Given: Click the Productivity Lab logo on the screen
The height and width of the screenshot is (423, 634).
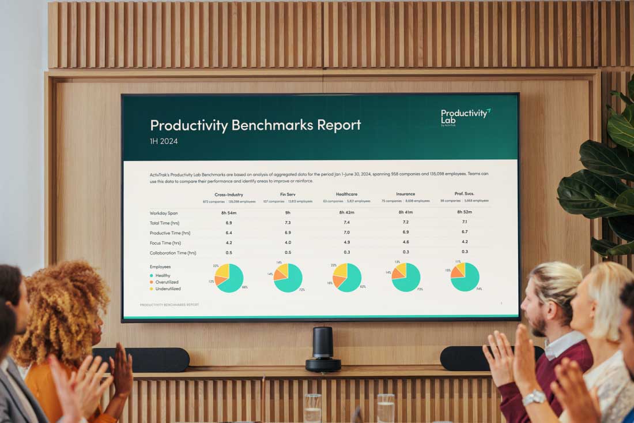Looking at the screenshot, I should pyautogui.click(x=465, y=116).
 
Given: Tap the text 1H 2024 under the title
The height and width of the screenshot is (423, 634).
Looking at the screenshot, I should pyautogui.click(x=164, y=141).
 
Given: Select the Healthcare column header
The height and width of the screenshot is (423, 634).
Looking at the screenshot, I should pyautogui.click(x=346, y=194).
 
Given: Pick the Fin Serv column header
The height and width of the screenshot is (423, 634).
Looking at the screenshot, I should pyautogui.click(x=288, y=194).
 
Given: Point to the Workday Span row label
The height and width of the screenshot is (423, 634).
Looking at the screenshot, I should pyautogui.click(x=164, y=213).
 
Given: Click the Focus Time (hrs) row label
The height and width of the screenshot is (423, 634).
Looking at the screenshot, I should pyautogui.click(x=165, y=243).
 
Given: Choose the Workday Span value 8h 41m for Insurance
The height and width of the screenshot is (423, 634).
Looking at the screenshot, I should pyautogui.click(x=406, y=213).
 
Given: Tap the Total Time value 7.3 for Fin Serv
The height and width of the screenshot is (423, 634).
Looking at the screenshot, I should pyautogui.click(x=288, y=223).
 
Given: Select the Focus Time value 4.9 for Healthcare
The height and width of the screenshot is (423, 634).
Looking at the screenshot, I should pyautogui.click(x=346, y=242).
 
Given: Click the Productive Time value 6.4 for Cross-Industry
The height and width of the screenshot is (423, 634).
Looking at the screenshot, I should pyautogui.click(x=229, y=233).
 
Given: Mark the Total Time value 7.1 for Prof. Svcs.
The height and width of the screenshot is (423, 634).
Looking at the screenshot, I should pyautogui.click(x=465, y=222).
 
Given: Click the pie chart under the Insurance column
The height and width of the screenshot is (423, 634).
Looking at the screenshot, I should pyautogui.click(x=406, y=277).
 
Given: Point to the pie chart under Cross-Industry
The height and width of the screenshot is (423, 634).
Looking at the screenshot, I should pyautogui.click(x=229, y=278).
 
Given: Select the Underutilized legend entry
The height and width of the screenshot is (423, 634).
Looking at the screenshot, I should pyautogui.click(x=168, y=289).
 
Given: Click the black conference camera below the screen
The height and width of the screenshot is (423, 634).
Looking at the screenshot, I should pyautogui.click(x=323, y=349).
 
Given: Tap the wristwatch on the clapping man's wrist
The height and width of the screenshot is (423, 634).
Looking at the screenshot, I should pyautogui.click(x=534, y=397).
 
